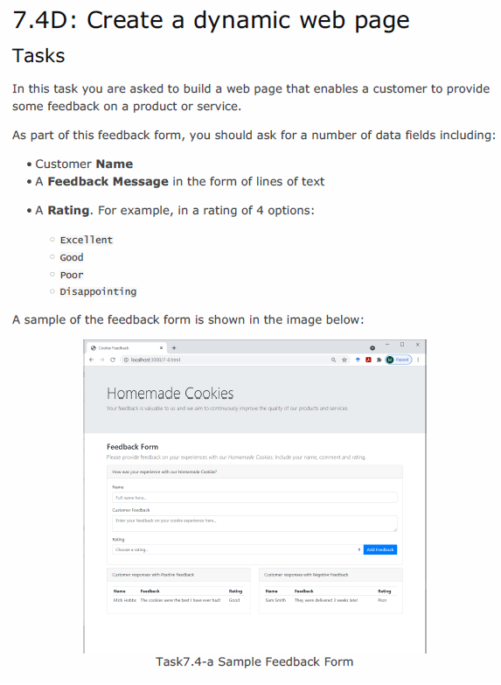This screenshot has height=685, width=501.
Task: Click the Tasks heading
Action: coord(38,56)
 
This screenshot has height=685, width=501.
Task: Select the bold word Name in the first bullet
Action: coord(114,164)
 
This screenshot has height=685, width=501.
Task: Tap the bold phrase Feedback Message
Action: coord(108,181)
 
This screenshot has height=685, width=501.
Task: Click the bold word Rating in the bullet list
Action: coord(68,210)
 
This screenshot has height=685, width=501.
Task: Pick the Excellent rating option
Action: coord(86,240)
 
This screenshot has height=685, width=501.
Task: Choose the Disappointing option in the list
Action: coord(97,291)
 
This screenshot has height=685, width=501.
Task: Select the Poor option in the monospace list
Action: coord(72,275)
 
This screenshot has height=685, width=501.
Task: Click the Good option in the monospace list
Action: coord(72,257)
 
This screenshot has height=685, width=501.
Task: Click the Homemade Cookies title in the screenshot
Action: coord(170,393)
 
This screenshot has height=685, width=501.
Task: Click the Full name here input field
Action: coord(254,497)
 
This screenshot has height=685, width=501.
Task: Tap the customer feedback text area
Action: coord(254,522)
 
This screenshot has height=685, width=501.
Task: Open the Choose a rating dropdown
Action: coord(236,549)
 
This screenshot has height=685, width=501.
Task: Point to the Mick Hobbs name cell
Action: coord(124,600)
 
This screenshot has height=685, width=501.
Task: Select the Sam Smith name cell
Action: coord(275,600)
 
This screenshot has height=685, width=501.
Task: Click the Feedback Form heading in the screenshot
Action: coord(132,447)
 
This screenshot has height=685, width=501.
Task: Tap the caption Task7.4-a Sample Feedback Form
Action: coord(254,661)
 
